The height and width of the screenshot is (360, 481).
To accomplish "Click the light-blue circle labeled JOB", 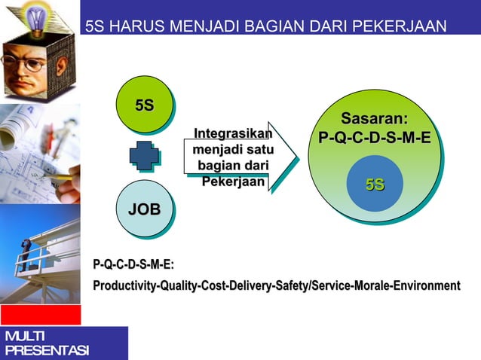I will coord(144,208).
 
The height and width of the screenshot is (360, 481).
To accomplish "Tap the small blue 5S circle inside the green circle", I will coord(375,185).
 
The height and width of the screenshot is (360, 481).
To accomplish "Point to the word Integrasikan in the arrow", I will coord(232,135).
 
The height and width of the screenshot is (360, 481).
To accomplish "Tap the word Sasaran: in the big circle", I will coord(374,119).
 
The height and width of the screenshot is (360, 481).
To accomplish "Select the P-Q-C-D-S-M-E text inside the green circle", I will coord(375,139).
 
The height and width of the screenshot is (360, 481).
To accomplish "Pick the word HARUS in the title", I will coord(140,28).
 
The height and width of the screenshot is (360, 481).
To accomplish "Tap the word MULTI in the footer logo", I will coord(24,336).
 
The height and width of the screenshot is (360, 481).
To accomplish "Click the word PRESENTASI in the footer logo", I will coord(45,351).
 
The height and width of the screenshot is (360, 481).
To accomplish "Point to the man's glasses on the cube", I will coord(26,64).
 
